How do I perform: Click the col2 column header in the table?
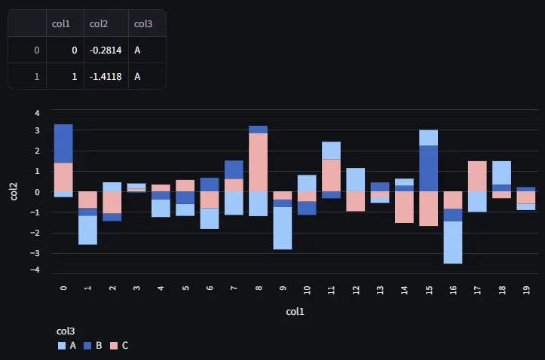99,24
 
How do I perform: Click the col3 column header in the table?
143,24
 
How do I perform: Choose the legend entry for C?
119,345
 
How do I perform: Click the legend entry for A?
67,345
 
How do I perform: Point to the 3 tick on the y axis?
37,130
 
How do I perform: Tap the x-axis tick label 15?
428,289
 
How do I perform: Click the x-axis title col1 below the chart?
295,311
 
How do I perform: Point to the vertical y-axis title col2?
14,191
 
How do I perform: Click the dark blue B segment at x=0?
63,143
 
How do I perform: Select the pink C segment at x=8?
259,162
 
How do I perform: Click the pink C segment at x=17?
477,176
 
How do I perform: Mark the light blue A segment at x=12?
355,179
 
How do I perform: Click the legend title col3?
66,331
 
